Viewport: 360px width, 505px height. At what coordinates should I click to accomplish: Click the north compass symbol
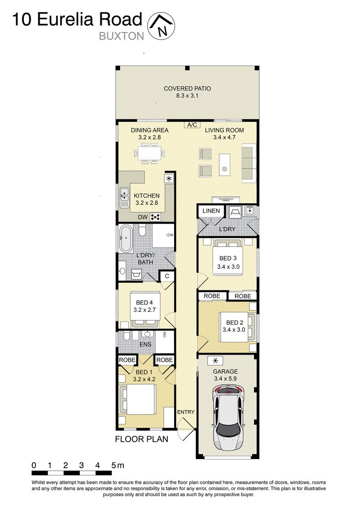(161, 27)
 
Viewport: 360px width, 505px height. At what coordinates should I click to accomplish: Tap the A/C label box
(192, 125)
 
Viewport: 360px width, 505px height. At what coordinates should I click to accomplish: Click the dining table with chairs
(149, 152)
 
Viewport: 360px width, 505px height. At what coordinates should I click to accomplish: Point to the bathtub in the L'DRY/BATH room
(126, 239)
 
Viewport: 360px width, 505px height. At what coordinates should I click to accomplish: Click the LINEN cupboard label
(211, 211)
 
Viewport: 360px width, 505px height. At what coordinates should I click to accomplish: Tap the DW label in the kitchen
(143, 217)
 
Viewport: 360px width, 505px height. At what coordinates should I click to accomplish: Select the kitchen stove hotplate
(155, 217)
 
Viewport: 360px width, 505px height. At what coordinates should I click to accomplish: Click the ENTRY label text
(186, 412)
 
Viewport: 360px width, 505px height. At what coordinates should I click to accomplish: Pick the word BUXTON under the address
(121, 36)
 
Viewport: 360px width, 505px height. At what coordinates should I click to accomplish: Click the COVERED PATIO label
(187, 89)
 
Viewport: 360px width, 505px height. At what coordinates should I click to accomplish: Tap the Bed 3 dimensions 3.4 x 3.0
(228, 266)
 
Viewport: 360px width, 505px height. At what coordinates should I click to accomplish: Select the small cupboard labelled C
(167, 276)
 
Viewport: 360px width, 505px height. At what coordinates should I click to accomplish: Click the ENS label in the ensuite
(145, 345)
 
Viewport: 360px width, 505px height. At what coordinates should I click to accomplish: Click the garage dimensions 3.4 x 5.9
(225, 379)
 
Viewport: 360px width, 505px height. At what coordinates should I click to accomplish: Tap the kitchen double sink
(124, 198)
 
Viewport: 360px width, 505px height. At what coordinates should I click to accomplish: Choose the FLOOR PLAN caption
(142, 439)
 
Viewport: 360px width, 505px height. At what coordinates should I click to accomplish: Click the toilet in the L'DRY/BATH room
(142, 230)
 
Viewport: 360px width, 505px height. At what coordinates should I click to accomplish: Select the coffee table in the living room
(225, 164)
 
